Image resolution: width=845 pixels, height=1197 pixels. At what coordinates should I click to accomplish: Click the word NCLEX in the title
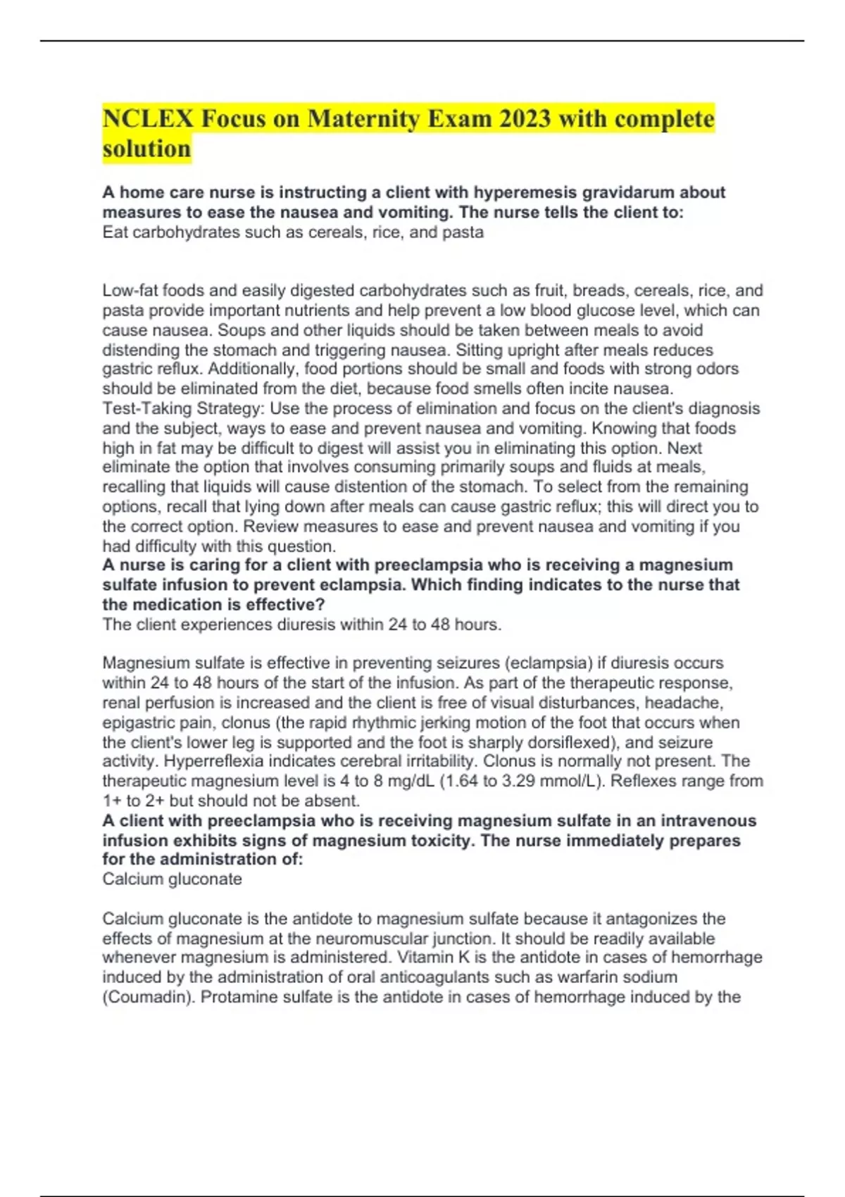point(148,118)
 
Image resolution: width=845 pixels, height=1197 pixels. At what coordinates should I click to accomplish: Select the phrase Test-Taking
point(146,408)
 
